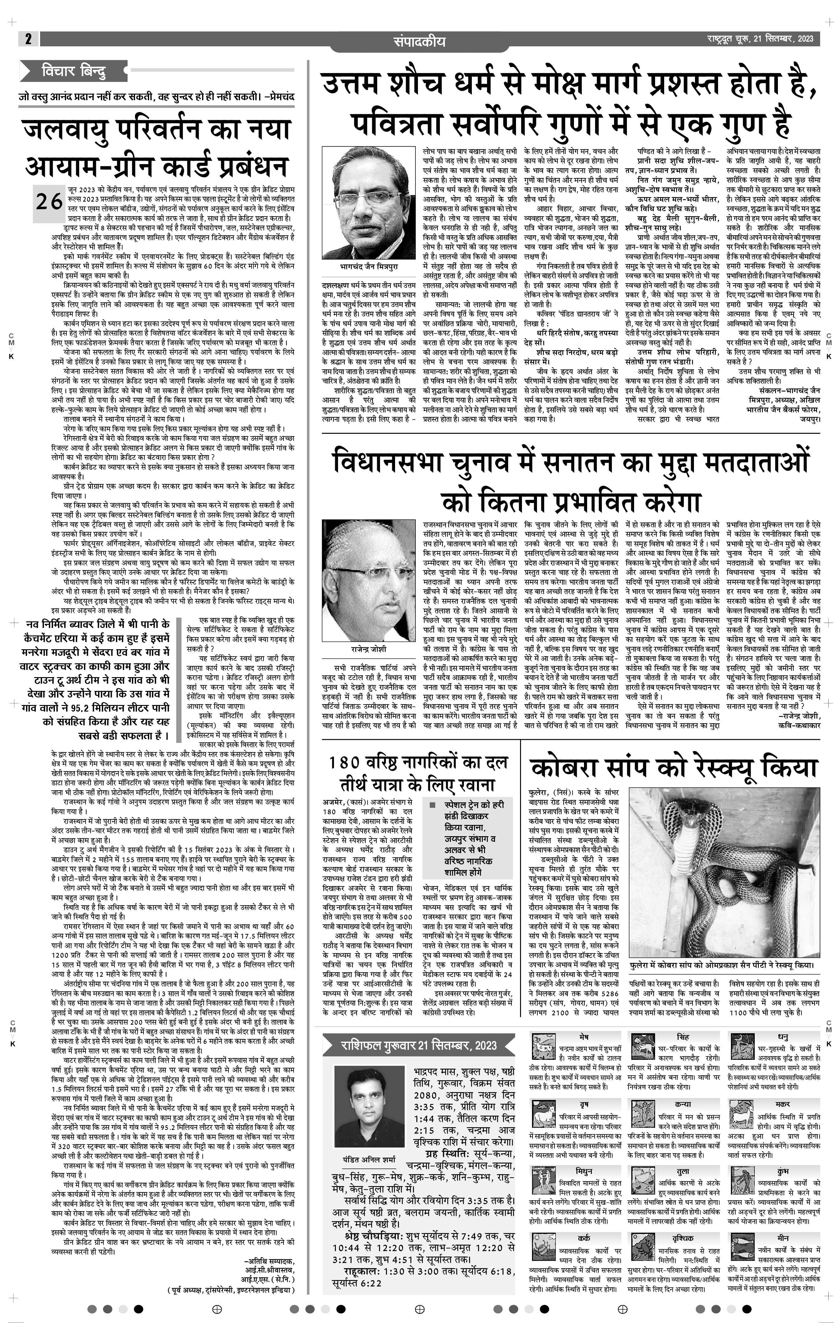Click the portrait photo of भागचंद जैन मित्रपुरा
(368, 202)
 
